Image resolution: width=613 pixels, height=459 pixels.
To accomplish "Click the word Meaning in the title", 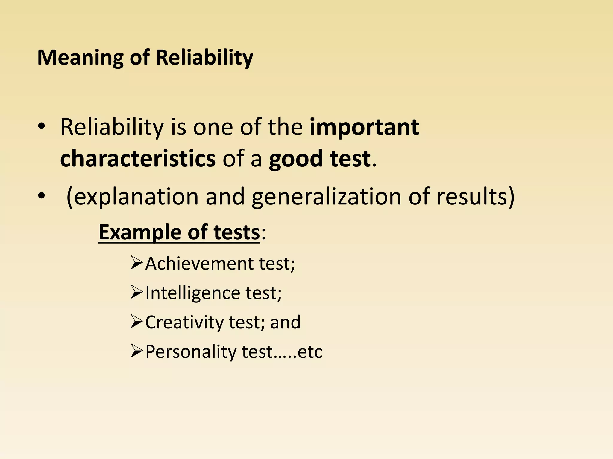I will pos(80,57).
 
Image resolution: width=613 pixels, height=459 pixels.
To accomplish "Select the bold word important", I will pos(364,127).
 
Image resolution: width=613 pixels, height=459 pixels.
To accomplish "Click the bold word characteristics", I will pos(138,158).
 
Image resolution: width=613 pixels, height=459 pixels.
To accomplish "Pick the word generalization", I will pos(326,197).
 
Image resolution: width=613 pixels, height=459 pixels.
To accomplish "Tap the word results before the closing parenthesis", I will pos(472,197).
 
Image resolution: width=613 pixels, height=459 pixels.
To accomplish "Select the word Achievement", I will pos(199,264).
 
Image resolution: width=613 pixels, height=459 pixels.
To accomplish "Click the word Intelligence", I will pos(192,293).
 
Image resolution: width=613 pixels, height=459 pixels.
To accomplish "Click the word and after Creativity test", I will pos(285,322).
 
